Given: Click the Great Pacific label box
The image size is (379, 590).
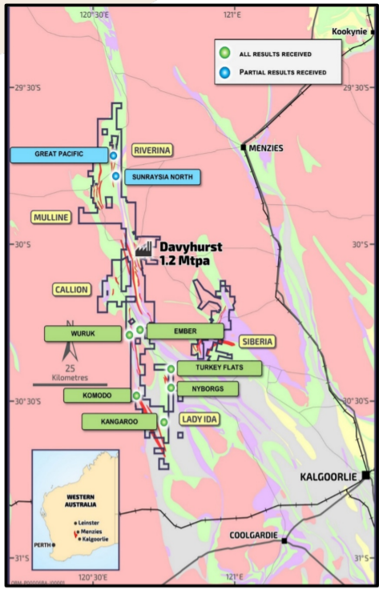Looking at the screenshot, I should (58, 155).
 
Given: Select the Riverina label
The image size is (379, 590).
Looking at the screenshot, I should (152, 150).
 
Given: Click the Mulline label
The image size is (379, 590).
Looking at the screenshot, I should (50, 217).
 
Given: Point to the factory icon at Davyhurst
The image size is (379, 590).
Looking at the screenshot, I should (143, 249).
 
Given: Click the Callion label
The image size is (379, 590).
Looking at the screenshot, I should (71, 290).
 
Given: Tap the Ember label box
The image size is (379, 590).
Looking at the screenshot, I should (185, 331).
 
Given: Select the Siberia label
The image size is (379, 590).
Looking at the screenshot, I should (256, 342).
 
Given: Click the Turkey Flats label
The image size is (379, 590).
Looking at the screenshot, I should (219, 368).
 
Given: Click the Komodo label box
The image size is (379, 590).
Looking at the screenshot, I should (97, 395).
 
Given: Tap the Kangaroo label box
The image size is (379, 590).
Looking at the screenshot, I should (119, 421).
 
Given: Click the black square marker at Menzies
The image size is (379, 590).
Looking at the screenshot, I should (243, 147).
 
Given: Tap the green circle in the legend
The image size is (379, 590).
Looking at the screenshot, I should (225, 54).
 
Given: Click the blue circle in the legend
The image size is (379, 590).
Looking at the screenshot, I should (225, 72).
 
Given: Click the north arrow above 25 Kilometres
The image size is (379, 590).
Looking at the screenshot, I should (71, 350).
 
